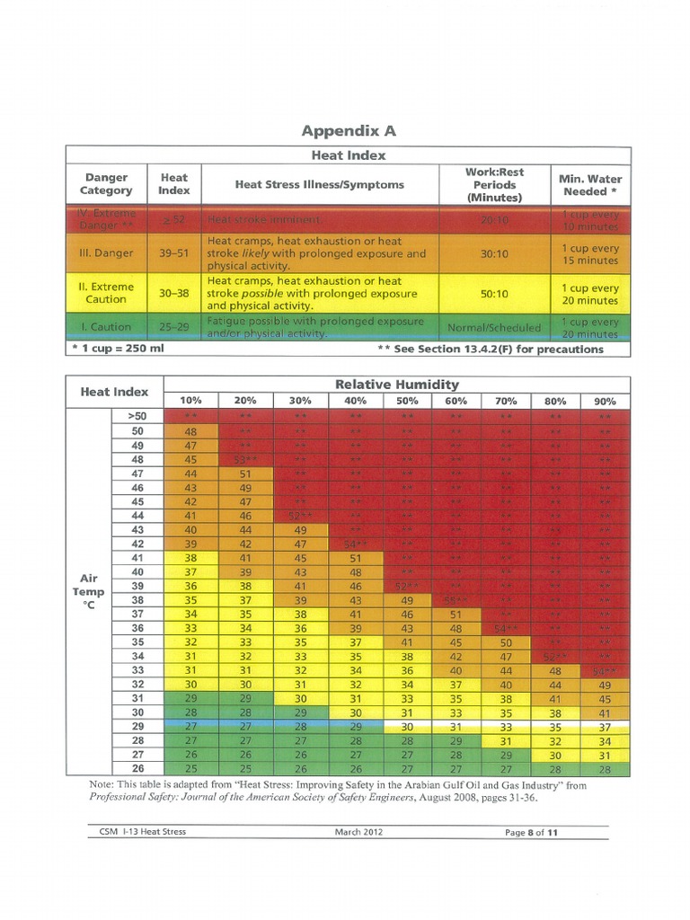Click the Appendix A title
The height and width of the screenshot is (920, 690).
[349, 131]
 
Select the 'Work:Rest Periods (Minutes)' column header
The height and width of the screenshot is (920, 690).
[494, 184]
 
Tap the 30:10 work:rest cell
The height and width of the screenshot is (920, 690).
[494, 254]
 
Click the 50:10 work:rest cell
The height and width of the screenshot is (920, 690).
[494, 293]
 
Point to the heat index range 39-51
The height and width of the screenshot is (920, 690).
[173, 254]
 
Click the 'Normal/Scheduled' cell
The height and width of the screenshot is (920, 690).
[494, 327]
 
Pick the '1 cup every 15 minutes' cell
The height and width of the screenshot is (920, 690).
[590, 254]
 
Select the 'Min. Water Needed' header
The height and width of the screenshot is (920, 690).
[590, 184]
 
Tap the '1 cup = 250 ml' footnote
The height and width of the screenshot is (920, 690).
[118, 349]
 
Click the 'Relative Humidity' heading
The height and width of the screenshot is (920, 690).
[396, 385]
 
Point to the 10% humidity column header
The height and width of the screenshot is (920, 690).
[190, 401]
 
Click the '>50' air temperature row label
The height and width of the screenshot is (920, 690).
[137, 416]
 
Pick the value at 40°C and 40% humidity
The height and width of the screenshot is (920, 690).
[355, 572]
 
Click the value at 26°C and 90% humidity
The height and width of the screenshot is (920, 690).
[605, 769]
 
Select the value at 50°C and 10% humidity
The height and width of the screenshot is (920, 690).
[190, 431]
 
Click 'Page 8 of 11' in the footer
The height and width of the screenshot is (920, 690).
[532, 832]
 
